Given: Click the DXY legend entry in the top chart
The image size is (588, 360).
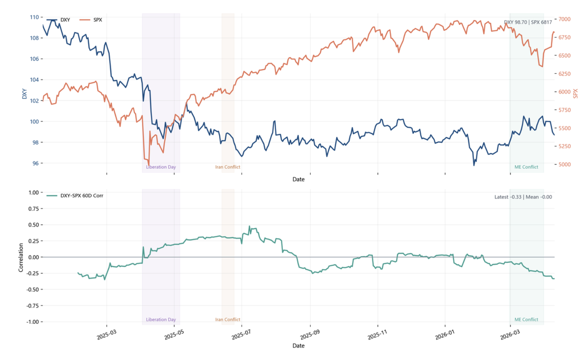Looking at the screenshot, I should coord(65,20).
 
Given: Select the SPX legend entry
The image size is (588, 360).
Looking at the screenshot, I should coord(97,20).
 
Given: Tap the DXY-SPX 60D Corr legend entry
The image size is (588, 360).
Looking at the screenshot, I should coord(82,196).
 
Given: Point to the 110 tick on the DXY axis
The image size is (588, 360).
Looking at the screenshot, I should coord(34,17).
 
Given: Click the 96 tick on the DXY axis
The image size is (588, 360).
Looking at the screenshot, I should coord(35,163).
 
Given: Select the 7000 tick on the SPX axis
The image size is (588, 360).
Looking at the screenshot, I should coord(564,19).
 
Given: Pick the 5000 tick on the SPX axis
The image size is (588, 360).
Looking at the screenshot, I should coord(564,164).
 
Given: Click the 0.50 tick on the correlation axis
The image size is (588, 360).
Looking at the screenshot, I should coord(34,225).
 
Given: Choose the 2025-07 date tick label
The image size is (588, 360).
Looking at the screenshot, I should coord(241,335).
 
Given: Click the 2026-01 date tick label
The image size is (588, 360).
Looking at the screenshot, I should coord(445,335).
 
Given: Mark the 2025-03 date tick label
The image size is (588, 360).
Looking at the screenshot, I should coord(107,335).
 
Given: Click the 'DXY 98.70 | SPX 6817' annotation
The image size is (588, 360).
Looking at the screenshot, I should coord(528,22).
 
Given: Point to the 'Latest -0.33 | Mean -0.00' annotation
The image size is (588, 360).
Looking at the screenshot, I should coord(523,197).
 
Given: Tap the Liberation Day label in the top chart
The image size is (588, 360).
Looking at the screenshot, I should coord(161,167).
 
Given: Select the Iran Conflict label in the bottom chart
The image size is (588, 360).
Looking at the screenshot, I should coord(227,319).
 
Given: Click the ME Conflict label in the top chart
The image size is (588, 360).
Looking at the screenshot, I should coord(526,167).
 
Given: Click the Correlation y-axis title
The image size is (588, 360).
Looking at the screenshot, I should coord(21,257).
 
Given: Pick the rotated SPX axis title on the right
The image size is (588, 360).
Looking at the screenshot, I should coord(575,93).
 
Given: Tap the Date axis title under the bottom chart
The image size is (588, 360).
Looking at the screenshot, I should coord(298,345).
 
